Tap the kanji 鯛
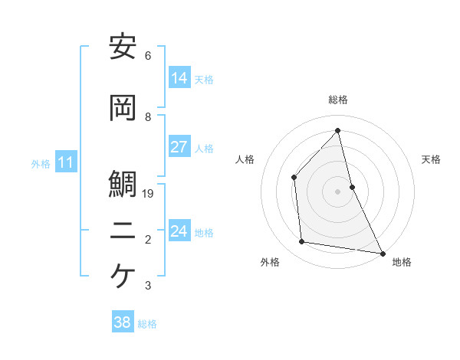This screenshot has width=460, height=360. (x=123, y=185)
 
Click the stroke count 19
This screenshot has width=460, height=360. (x=149, y=194)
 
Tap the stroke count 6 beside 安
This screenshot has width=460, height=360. (x=148, y=56)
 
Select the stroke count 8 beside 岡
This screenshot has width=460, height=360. (x=148, y=117)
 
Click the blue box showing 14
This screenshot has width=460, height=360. (x=179, y=77)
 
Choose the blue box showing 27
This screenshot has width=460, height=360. (x=179, y=147)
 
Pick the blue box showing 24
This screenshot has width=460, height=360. (x=179, y=231)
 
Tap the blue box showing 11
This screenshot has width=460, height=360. (x=66, y=162)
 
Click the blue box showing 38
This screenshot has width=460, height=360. (x=122, y=322)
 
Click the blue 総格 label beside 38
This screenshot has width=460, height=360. (x=147, y=324)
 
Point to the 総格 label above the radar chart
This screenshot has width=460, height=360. (x=337, y=100)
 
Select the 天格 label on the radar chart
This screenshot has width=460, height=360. (x=431, y=159)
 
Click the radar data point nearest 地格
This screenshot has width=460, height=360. (x=382, y=253)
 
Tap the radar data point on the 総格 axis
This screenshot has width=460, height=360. (x=337, y=130)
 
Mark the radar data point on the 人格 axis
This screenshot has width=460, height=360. (x=294, y=178)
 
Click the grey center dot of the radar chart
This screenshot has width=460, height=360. (x=337, y=191)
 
